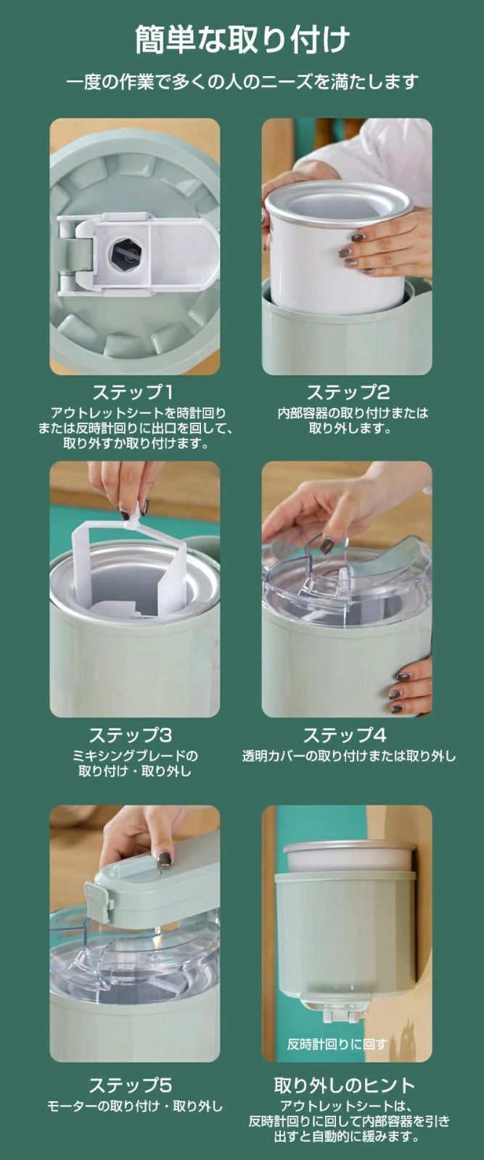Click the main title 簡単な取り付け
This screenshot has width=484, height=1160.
[x=242, y=40]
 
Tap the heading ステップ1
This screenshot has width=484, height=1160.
[x=133, y=392]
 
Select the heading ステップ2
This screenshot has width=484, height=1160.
[x=348, y=392]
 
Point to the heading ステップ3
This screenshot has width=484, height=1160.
[x=130, y=735]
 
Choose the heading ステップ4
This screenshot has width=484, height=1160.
[x=345, y=735]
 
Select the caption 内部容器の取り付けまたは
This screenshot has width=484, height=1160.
[x=353, y=413]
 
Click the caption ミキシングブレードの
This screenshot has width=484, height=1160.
[x=135, y=755]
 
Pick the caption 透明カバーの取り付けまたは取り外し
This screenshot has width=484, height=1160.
[x=349, y=756]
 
